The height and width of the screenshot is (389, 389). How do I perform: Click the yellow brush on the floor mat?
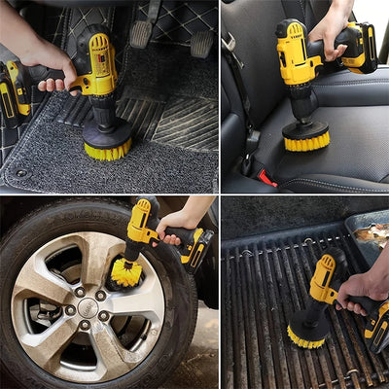107,149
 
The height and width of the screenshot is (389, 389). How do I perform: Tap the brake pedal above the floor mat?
142,35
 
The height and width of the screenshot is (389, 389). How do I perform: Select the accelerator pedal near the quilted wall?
201,43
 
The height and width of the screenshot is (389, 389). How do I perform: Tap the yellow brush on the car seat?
305,140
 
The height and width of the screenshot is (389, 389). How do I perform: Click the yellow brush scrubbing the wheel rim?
125,273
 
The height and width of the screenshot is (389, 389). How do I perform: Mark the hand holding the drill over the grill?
362,288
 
